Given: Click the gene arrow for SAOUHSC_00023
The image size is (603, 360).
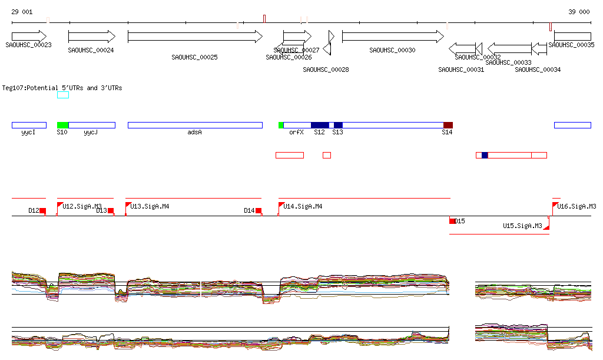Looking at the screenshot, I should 29,37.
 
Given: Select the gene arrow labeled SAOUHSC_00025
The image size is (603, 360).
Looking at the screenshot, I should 195,37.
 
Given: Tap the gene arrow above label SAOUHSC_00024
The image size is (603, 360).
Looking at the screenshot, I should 91,37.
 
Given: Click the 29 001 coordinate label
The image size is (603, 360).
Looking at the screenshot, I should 22,12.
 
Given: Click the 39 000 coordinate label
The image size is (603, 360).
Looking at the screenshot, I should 579,12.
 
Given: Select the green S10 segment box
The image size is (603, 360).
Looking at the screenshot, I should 62,125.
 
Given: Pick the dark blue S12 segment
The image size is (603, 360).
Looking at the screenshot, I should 320,125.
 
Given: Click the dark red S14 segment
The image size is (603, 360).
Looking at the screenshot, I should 448,125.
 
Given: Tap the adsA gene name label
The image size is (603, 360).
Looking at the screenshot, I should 195,133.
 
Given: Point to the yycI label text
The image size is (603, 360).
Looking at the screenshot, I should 28,133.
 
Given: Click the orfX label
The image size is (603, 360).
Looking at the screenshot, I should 296,133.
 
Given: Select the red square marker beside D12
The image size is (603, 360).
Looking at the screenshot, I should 42,211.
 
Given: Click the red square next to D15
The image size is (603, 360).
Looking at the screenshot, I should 452,222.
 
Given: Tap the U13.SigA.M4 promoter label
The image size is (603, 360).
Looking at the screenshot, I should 150,207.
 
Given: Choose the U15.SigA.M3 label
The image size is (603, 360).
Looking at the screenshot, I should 522,226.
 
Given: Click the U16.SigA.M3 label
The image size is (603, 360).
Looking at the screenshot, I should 577,207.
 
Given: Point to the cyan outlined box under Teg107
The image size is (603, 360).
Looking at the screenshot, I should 63,95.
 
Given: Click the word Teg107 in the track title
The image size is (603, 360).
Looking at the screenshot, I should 12,88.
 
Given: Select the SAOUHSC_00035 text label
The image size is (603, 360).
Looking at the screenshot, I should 571,45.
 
